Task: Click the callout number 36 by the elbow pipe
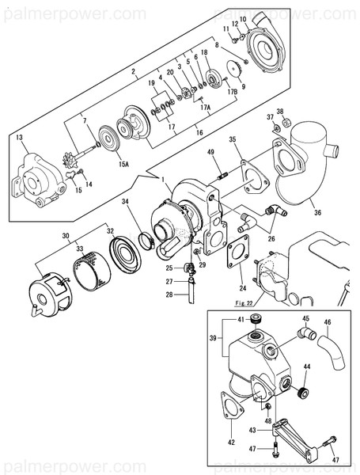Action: click(x=317, y=211)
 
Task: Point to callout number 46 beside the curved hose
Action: click(x=328, y=323)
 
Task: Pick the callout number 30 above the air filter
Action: click(x=67, y=236)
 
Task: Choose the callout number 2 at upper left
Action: click(x=134, y=71)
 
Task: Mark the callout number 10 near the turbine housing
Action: click(x=243, y=19)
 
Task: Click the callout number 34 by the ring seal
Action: click(x=125, y=203)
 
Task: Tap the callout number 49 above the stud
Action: click(x=210, y=152)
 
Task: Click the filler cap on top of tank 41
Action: click(x=255, y=321)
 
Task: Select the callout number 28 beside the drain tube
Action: click(x=169, y=294)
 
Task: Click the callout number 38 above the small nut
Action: click(x=279, y=112)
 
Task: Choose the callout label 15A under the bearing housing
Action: click(x=123, y=165)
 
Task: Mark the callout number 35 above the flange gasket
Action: click(x=233, y=140)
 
